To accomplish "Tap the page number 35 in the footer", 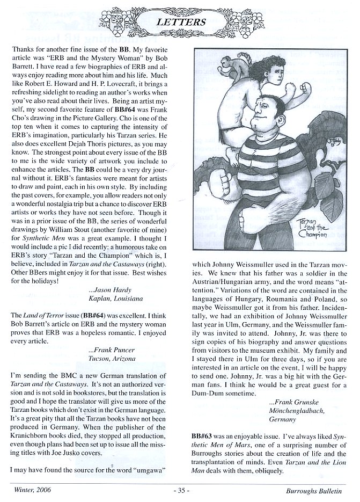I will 180,490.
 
